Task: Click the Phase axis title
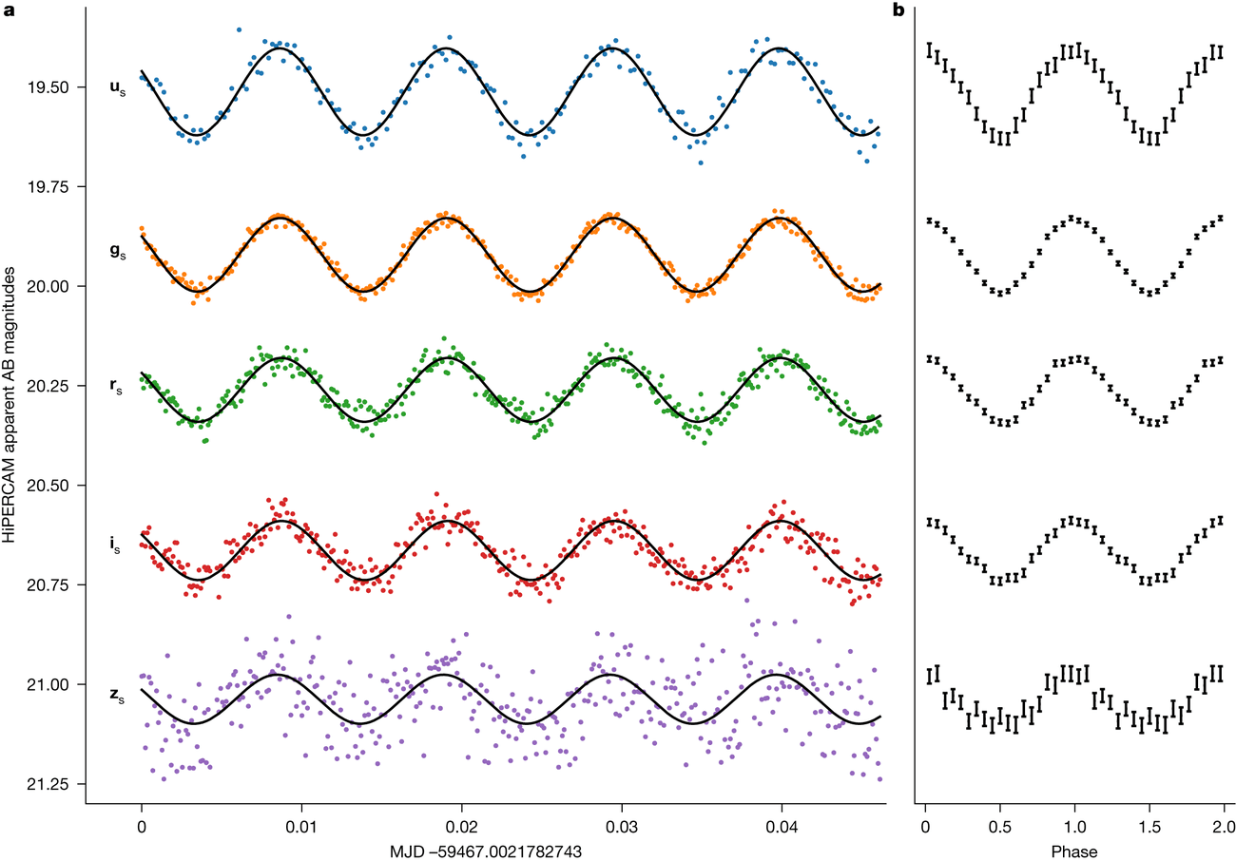point(1073,849)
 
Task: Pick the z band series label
point(116,696)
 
